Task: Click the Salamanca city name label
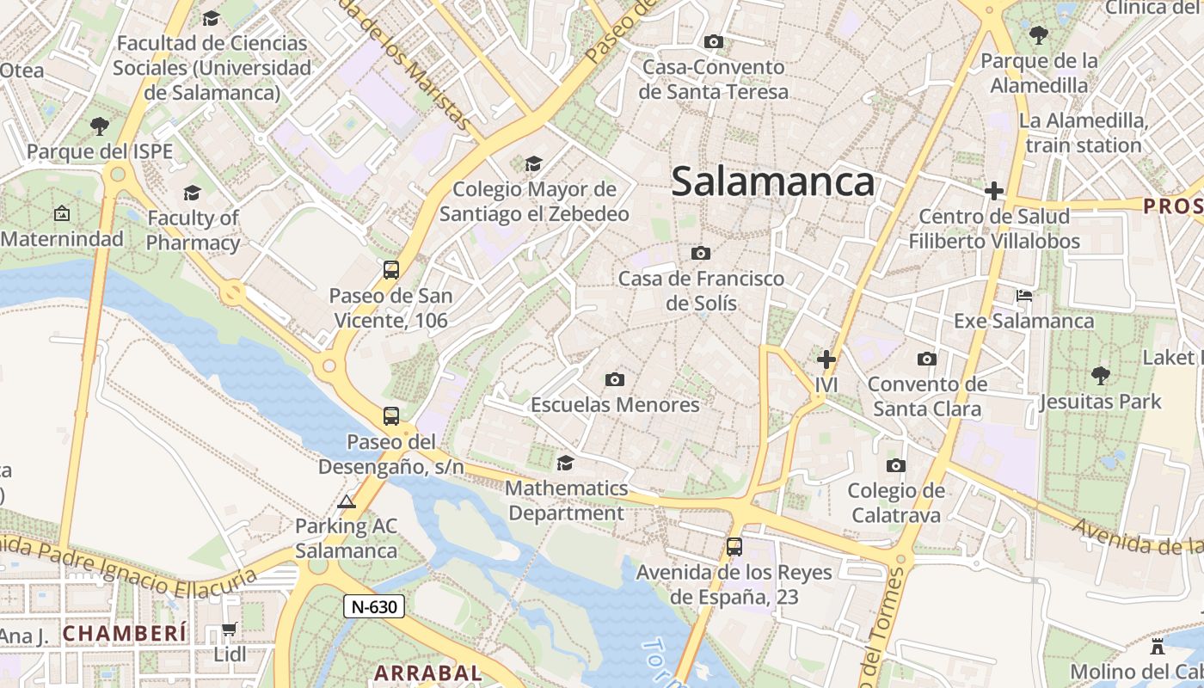[772, 182]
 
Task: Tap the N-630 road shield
[374, 606]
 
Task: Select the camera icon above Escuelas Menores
[614, 379]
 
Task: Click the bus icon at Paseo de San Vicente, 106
[390, 270]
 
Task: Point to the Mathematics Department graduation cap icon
[565, 464]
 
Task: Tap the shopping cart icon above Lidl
[229, 630]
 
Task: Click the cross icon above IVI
[826, 359]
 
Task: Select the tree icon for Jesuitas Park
[1100, 376]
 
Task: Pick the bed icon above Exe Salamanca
[1023, 296]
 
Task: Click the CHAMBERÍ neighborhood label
[125, 634]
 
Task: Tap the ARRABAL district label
[427, 673]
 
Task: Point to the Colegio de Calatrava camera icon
[895, 466]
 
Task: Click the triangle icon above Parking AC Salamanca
[347, 501]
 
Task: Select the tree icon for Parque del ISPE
[100, 126]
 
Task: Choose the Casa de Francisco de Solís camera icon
[701, 253]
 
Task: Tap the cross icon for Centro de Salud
[994, 191]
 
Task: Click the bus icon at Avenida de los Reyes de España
[734, 546]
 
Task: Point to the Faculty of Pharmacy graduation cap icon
[192, 193]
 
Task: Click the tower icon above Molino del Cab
[1158, 646]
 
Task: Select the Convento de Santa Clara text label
[927, 396]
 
